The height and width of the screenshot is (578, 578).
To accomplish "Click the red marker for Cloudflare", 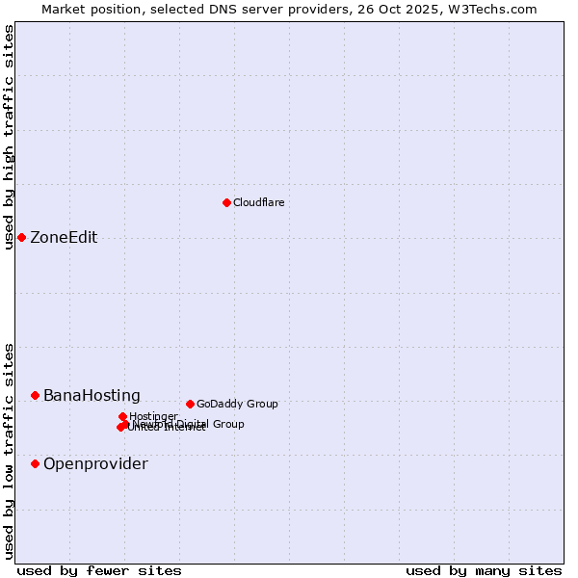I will tap(226, 202).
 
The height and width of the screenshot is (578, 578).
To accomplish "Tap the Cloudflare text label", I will tap(258, 202).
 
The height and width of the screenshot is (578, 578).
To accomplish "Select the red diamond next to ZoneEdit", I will tap(21, 237).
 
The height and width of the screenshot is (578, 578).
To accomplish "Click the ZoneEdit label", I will tap(64, 238).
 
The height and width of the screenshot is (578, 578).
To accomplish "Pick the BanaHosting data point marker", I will tap(35, 395).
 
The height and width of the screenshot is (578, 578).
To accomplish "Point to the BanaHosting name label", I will tap(92, 396).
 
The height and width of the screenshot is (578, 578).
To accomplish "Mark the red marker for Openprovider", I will tap(35, 463).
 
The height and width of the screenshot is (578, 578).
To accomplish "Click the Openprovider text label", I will tap(95, 464).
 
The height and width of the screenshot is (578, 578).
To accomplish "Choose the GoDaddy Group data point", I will tap(190, 404).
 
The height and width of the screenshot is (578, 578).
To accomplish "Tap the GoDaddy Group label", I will tap(237, 404).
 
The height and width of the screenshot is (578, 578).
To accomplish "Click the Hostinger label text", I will tap(153, 416).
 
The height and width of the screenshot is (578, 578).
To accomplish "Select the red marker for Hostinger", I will tap(122, 416).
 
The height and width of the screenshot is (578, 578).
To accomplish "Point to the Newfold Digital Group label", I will tap(189, 424).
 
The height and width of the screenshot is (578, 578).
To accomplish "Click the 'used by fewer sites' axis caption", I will tap(99, 570).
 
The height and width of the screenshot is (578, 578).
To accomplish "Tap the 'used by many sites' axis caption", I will tap(484, 570).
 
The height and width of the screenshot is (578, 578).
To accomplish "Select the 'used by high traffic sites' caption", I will tap(10, 137).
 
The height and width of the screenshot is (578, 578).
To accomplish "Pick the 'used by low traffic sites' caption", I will tap(10, 451).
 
